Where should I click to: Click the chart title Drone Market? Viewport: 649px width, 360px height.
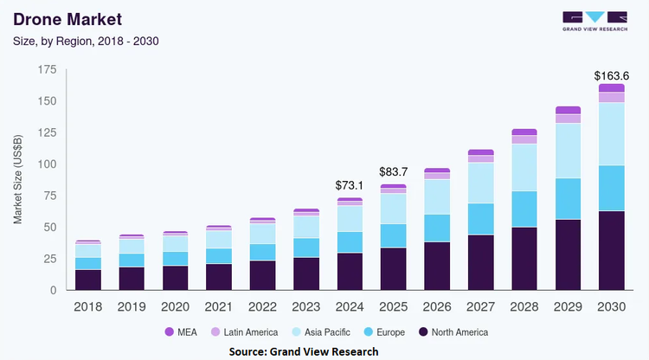click(67, 19)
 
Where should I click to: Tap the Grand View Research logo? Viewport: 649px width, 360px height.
click(594, 22)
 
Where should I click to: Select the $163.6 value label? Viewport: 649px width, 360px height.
click(611, 76)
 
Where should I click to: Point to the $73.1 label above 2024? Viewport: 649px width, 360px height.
click(350, 185)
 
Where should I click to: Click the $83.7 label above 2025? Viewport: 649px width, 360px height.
click(393, 171)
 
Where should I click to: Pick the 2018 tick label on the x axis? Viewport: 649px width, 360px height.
click(87, 306)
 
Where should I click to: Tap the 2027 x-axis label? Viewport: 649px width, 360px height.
click(480, 306)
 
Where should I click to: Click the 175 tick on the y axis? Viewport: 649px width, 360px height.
click(48, 69)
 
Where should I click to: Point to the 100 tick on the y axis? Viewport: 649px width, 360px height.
click(48, 164)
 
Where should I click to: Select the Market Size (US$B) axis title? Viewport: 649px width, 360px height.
click(17, 179)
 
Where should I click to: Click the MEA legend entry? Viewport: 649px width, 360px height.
click(181, 331)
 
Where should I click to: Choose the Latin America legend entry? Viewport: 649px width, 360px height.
click(244, 331)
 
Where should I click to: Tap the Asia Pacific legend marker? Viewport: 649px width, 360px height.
click(296, 331)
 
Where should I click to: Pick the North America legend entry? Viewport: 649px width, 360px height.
click(453, 331)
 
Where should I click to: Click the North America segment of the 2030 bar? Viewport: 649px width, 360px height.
click(611, 250)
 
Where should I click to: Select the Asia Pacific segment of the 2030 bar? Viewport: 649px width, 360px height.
click(611, 134)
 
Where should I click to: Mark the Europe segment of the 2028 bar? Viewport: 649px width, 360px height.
click(524, 209)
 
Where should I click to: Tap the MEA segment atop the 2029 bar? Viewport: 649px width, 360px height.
click(568, 110)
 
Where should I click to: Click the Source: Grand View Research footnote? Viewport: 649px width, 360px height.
click(304, 351)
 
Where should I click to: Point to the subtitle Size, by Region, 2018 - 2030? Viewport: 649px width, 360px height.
click(86, 41)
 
